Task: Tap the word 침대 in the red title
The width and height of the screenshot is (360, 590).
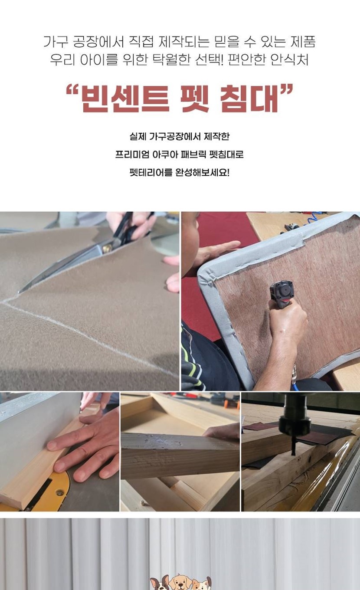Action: click(249, 99)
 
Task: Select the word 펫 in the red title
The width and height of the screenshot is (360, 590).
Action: click(195, 99)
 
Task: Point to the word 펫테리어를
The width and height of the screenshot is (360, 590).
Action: click(151, 173)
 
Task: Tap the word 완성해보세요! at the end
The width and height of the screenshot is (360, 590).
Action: click(202, 173)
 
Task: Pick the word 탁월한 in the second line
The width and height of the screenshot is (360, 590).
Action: click(171, 59)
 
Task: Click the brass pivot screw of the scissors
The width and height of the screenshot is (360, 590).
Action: click(108, 248)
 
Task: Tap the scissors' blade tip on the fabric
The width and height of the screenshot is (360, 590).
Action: click(20, 292)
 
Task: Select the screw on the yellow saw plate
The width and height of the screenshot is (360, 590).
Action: click(60, 492)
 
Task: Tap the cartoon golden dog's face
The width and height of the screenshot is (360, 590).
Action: click(180, 581)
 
